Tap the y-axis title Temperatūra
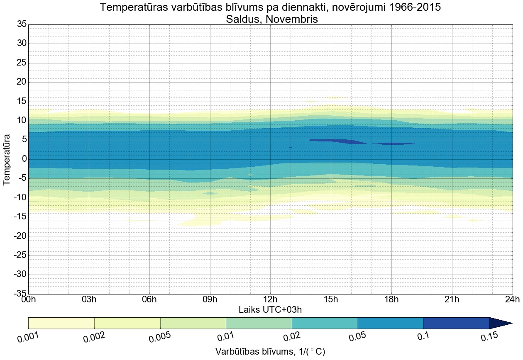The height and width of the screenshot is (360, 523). coord(7,159)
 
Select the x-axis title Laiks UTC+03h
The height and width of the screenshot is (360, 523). coord(270,309)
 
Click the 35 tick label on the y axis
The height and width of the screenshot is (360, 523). coord(22,24)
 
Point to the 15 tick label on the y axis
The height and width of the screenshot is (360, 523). coord(22,101)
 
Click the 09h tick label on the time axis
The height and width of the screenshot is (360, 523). coord(210,300)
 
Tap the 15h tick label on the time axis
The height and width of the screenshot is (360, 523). coord(331,300)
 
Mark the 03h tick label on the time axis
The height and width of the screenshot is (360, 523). coord(89,300)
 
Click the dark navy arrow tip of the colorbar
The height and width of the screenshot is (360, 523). coord(500,323)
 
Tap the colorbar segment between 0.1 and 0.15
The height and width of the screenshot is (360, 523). coord(456,323)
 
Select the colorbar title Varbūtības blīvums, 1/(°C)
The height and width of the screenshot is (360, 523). coord(270,352)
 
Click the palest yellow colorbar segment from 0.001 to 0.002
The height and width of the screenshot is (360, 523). coord(61,323)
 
